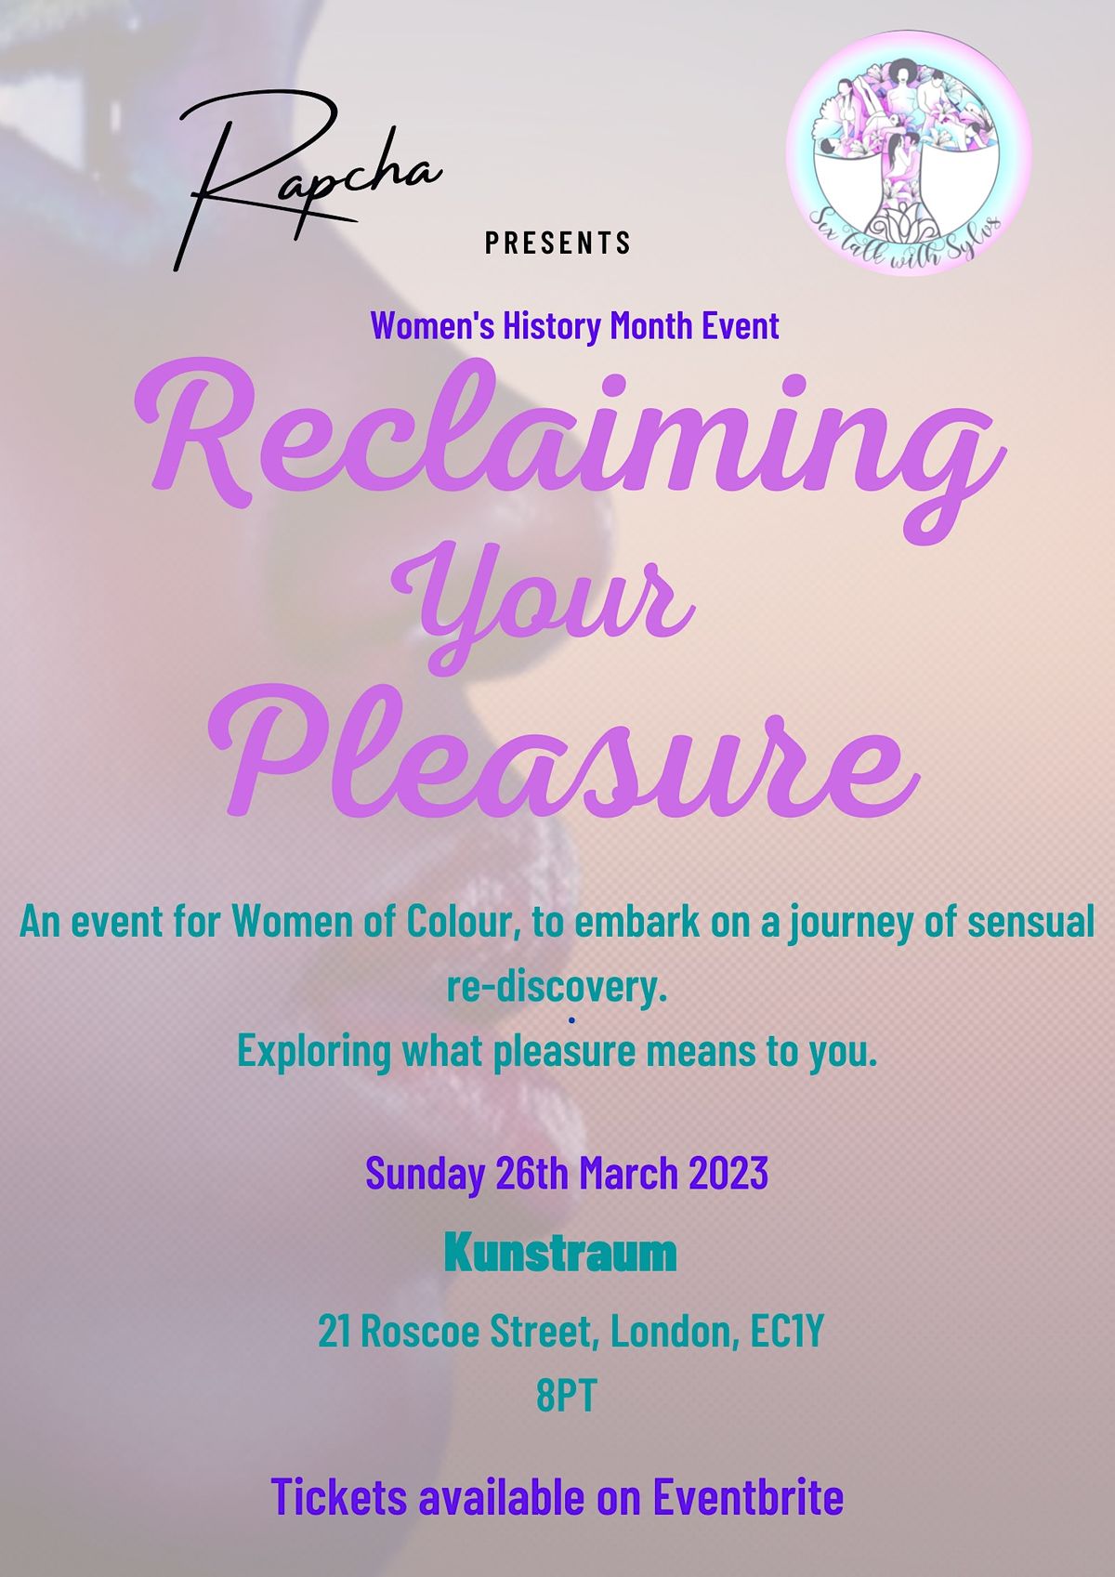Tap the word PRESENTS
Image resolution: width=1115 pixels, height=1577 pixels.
pos(558,243)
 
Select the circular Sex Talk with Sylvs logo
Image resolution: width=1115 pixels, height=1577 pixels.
pos(908,152)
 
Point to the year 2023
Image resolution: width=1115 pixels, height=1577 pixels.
pos(728,1173)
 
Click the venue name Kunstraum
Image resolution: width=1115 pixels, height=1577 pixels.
pos(560,1254)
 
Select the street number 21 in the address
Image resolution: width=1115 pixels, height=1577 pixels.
pos(334,1332)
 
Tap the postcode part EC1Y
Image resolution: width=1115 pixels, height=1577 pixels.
pos(788,1332)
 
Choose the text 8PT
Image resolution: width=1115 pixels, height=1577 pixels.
pos(565,1397)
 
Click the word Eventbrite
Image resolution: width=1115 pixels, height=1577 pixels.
pos(748,1497)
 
